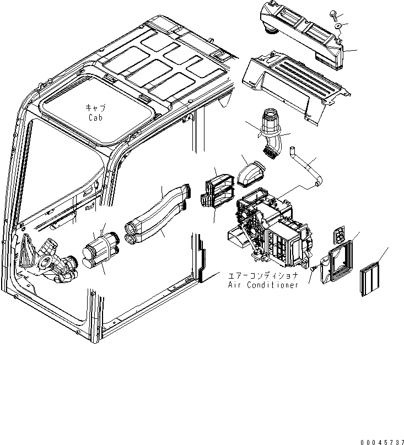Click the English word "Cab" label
click(94, 117)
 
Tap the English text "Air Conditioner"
click(263, 285)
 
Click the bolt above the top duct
click(334, 16)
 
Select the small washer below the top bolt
click(337, 26)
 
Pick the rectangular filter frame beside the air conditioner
click(338, 263)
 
